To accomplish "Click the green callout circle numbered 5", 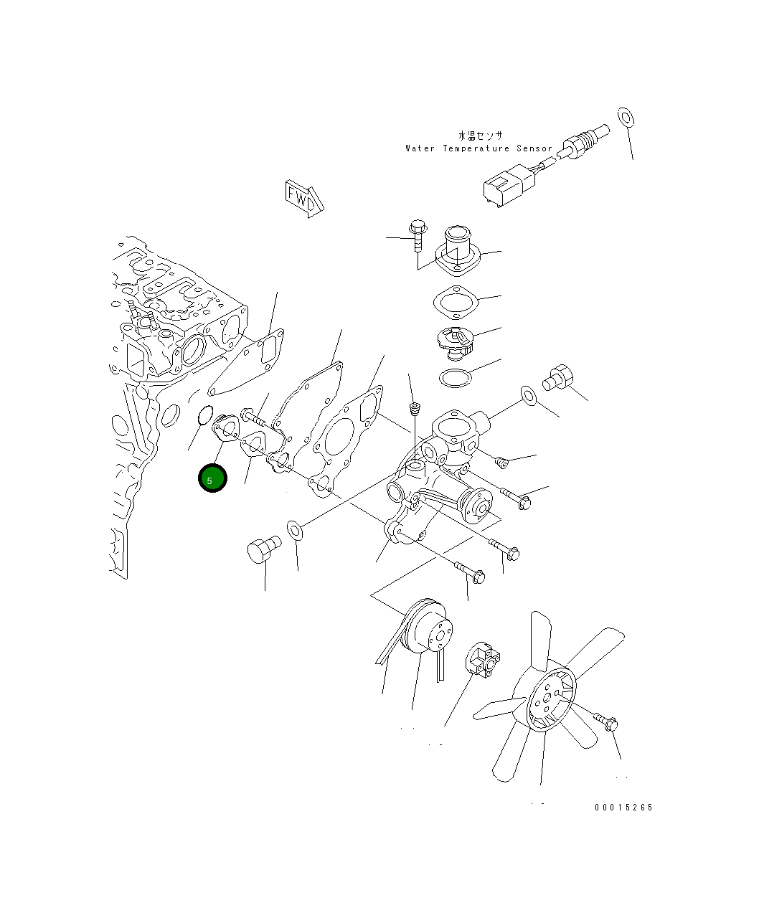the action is pos(212,478).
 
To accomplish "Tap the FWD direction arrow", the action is pos(304,199).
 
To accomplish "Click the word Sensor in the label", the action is pos(534,148).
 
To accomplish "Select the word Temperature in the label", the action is pos(476,148).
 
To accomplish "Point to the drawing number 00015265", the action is pos(623,808).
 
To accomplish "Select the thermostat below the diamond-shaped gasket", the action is pos(456,341).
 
